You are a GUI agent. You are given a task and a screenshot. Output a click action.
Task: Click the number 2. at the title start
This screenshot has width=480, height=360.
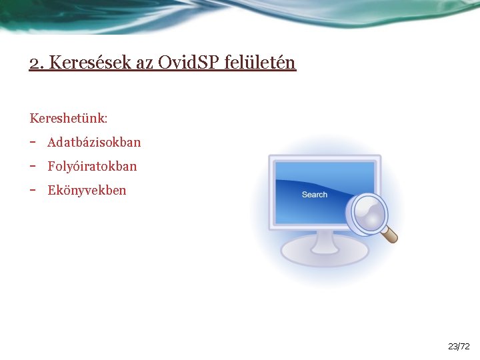(x=37, y=63)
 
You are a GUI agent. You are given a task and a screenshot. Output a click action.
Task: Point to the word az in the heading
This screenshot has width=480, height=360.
(x=145, y=63)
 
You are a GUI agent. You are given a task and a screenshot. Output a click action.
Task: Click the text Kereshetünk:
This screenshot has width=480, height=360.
(x=69, y=119)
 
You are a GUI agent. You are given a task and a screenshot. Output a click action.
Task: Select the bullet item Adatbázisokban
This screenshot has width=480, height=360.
(x=94, y=143)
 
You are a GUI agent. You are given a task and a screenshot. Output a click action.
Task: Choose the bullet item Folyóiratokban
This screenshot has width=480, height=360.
(x=92, y=166)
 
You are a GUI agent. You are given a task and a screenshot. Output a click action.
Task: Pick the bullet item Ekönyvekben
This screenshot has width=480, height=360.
(x=87, y=190)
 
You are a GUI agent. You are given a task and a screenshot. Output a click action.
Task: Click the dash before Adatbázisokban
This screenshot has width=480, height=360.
(x=33, y=142)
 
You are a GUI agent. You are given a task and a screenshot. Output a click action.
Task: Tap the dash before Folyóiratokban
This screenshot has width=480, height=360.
(x=33, y=166)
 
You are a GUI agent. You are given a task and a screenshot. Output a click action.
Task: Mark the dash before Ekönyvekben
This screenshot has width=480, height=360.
(x=33, y=190)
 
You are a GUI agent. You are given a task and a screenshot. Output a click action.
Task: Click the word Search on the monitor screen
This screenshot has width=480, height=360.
(x=314, y=195)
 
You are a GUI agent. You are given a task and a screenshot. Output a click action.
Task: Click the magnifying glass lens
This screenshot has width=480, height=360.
(x=367, y=213)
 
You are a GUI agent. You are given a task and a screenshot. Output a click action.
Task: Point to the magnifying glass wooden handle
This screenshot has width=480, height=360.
(x=390, y=234)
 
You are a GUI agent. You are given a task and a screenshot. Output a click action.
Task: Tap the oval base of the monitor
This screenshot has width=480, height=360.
(x=324, y=253)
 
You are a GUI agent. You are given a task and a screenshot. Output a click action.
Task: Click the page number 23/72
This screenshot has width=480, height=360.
(x=459, y=347)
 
